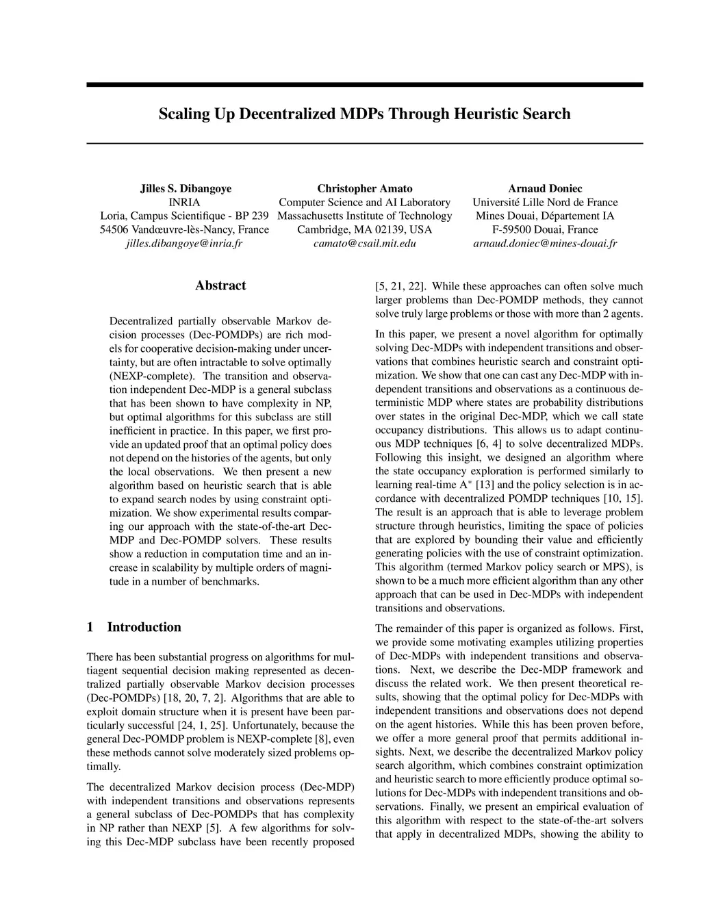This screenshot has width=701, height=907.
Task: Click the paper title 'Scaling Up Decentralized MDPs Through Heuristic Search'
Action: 364,114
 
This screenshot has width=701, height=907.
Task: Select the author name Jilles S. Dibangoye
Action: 185,188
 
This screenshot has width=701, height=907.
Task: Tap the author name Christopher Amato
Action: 365,188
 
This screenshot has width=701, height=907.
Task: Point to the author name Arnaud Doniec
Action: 545,188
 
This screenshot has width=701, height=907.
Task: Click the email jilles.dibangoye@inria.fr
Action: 185,243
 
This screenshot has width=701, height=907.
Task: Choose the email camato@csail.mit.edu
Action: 365,243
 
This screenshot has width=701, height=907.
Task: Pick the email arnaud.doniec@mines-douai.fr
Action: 545,243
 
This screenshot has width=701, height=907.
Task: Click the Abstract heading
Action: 220,285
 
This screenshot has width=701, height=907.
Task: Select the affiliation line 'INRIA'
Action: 185,202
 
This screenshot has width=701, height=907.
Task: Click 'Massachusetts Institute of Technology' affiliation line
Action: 365,216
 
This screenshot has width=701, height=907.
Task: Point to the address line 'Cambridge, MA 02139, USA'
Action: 365,229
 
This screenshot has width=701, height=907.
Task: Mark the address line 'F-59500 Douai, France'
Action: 545,229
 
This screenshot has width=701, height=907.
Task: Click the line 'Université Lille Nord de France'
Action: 545,202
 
